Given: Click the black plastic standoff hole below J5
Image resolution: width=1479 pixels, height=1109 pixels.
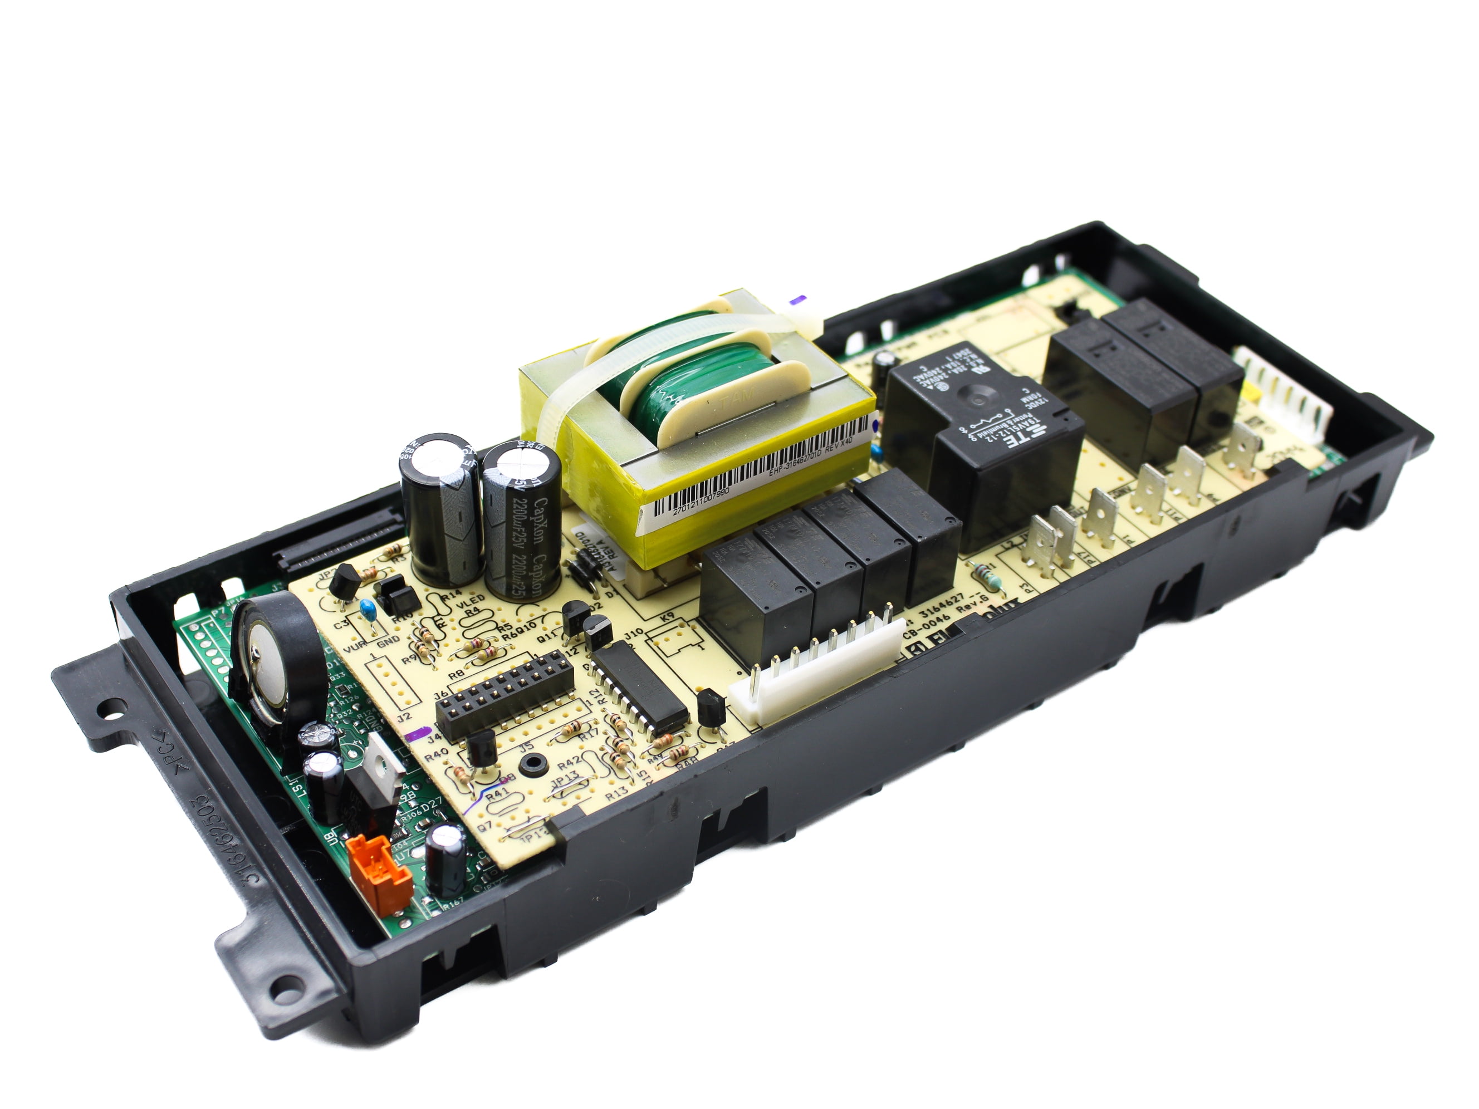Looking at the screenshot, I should click(x=533, y=763).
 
